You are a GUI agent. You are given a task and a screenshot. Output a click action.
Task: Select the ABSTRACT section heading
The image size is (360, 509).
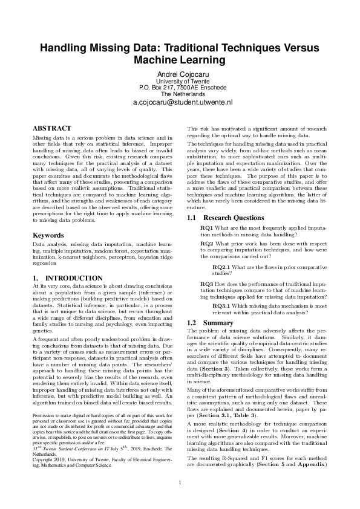(x=52, y=128)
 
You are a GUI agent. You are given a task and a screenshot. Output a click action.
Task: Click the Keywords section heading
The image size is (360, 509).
(x=48, y=234)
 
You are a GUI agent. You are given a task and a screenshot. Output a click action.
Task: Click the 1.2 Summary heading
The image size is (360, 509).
(x=210, y=323)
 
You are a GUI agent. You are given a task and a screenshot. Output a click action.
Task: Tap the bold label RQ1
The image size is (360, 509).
(x=206, y=226)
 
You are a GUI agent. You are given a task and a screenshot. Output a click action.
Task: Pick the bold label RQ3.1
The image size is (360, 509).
(x=221, y=305)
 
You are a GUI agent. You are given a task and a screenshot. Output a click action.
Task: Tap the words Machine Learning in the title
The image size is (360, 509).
(x=180, y=60)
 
